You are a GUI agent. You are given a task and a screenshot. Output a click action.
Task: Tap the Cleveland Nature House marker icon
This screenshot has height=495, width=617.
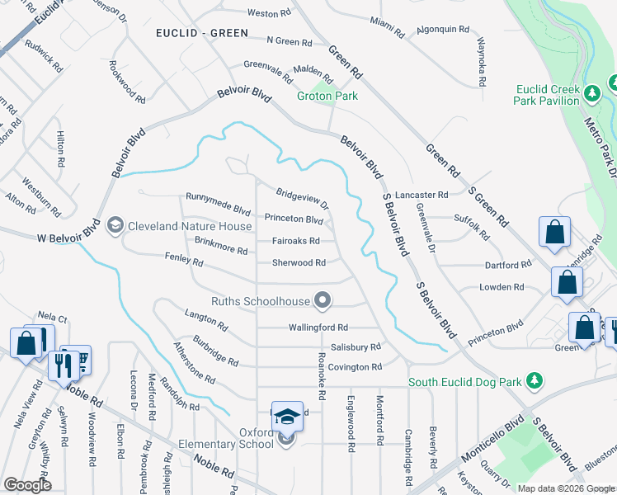coord(115,225)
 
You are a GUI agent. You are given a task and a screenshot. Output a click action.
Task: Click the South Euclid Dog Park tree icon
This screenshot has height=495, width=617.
coord(535,380)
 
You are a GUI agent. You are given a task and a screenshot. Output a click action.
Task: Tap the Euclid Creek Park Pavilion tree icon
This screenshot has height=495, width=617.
coord(591,94)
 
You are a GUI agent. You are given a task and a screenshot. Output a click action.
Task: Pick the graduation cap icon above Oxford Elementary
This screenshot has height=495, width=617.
coord(287,417)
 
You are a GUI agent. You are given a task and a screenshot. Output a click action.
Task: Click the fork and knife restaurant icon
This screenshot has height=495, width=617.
coord(62,362)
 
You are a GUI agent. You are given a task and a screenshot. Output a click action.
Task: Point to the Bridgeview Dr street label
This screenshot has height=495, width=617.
coord(302,197)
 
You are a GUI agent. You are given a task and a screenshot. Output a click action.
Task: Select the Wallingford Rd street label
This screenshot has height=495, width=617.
coord(318,328)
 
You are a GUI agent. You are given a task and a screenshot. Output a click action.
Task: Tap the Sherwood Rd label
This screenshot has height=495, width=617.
coord(299,263)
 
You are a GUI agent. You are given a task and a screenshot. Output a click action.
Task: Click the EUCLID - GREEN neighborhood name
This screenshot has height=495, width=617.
coord(201,32)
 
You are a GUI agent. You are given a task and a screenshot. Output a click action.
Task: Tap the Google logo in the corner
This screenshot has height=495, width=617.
coord(26,485)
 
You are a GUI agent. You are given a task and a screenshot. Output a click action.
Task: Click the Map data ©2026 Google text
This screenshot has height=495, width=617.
coord(566,488)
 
